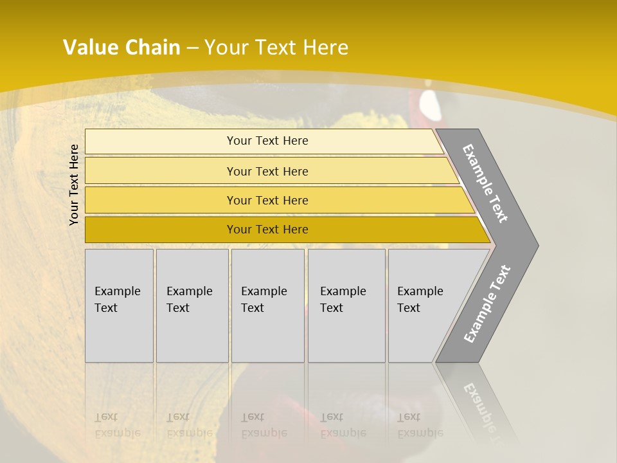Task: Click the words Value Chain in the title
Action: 121,47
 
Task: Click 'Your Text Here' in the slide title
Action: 276,47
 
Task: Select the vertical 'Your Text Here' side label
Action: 74,185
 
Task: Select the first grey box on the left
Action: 119,305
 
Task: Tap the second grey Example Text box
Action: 192,305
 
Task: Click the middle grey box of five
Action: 267,305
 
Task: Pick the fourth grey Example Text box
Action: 346,305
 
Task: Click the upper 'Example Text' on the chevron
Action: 485,183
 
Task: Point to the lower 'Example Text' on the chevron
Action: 487,304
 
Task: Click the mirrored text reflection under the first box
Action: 118,425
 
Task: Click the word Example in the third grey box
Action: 264,291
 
